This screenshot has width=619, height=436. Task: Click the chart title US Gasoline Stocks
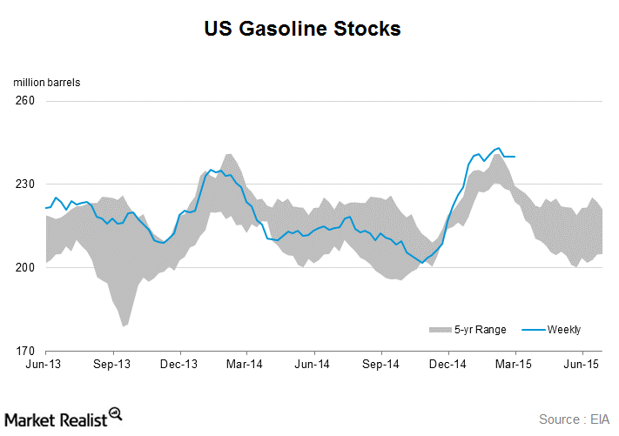(302, 29)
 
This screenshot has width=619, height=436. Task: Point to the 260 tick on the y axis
(24, 101)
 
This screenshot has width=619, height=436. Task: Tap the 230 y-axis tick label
(24, 184)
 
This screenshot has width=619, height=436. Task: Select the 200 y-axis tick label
(24, 268)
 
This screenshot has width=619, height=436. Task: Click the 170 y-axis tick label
(24, 352)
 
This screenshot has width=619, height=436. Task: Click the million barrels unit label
(46, 83)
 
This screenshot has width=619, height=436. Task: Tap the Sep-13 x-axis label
(112, 366)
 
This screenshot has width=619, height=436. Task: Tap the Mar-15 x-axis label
(515, 366)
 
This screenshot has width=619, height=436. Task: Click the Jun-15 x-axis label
(582, 366)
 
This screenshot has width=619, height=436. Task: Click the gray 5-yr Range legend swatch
(440, 330)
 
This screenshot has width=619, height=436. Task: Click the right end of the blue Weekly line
(515, 157)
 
